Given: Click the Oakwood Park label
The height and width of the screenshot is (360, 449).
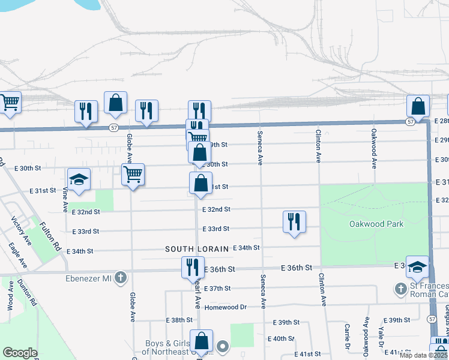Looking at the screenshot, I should pos(376,224).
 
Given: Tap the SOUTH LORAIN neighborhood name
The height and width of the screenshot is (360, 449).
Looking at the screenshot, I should pos(198,248).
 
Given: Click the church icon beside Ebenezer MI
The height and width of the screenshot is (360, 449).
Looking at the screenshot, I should pos(121,277).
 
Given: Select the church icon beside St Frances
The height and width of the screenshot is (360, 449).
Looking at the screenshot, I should pos(400,289).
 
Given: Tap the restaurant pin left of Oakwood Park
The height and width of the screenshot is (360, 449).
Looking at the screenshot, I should pos(294,221).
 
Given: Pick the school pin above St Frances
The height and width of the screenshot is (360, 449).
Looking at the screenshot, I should pos(417,266).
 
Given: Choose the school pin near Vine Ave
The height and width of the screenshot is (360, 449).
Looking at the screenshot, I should pos(79,179).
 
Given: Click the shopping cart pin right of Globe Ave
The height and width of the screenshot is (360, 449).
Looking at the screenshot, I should pos(133,175).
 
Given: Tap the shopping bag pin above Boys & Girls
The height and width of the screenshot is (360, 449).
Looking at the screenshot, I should pos(201,340).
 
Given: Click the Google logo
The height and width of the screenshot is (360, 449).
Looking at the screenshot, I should pos(20,353).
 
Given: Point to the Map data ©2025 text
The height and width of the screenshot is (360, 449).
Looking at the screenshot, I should pos(423,355).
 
